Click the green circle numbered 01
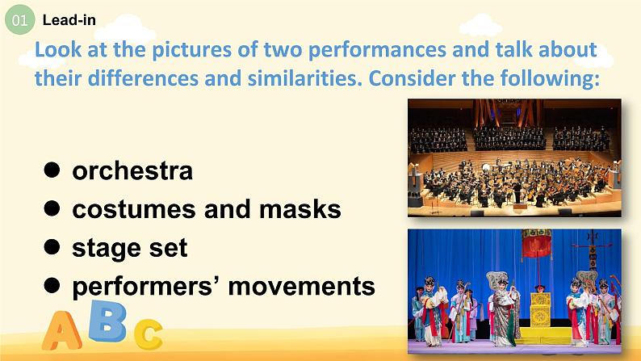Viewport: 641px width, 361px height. pyautogui.click(x=19, y=19)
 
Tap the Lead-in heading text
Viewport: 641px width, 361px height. pyautogui.click(x=69, y=20)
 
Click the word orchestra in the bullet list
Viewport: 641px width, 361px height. pyautogui.click(x=132, y=171)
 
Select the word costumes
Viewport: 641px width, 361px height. pyautogui.click(x=134, y=209)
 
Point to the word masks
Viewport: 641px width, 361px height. pyautogui.click(x=300, y=209)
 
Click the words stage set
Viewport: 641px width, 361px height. pyautogui.click(x=130, y=248)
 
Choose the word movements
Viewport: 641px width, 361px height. pyautogui.click(x=302, y=286)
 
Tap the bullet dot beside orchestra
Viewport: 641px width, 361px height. pyautogui.click(x=52, y=170)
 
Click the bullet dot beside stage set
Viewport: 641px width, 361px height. pyautogui.click(x=52, y=246)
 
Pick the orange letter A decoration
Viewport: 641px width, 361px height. pyautogui.click(x=61, y=330)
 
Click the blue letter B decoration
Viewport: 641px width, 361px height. pyautogui.click(x=107, y=321)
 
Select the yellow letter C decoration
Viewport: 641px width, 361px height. pyautogui.click(x=149, y=334)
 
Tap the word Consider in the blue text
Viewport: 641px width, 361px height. pyautogui.click(x=412, y=78)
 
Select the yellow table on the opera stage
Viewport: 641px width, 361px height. pyautogui.click(x=540, y=310)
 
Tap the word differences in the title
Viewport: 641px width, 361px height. pyautogui.click(x=143, y=78)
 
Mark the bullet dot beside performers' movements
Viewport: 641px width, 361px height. pyautogui.click(x=52, y=285)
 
